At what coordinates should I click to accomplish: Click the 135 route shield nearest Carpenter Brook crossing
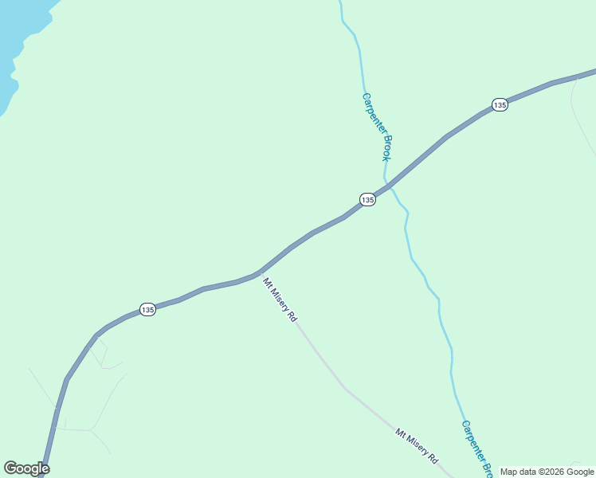tap(367, 200)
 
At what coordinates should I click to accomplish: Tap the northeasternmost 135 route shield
tap(500, 105)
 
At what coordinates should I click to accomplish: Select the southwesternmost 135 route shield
tap(147, 309)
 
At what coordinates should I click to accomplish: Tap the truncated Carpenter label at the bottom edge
tap(472, 441)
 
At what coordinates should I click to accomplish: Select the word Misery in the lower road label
tap(416, 445)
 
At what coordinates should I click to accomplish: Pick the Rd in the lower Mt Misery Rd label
tap(433, 458)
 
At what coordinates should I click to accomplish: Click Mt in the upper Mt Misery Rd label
tap(268, 284)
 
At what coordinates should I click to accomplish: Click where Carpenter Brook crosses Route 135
tap(388, 185)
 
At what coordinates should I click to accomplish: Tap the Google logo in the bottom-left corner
tap(26, 468)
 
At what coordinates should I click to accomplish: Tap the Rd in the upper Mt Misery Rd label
tap(293, 316)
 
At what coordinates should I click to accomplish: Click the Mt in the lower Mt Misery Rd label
tap(400, 433)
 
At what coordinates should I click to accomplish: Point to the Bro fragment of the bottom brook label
tap(486, 464)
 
